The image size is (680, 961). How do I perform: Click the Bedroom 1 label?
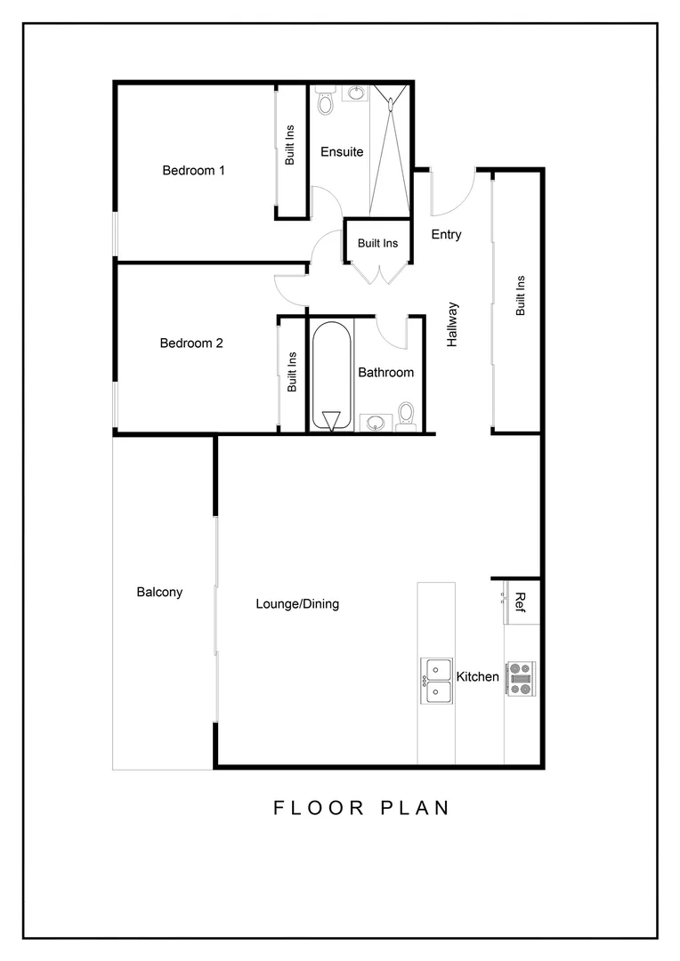click(193, 170)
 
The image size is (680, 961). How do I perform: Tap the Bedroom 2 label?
click(191, 343)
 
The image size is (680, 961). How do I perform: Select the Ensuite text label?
click(342, 151)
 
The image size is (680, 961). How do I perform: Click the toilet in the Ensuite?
click(325, 102)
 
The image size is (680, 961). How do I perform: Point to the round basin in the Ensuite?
click(356, 93)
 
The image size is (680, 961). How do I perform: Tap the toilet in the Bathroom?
click(406, 416)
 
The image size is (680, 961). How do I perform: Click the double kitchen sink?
click(436, 681)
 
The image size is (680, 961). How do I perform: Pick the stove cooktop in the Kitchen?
click(521, 678)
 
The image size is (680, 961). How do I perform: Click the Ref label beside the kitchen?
click(522, 602)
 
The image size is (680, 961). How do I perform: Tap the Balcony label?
click(159, 592)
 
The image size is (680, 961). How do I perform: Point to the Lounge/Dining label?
click(297, 603)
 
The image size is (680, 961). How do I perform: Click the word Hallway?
click(452, 324)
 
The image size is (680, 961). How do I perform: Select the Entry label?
click(446, 235)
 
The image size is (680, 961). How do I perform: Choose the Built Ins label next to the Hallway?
click(521, 296)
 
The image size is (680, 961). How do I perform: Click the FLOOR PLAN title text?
click(360, 808)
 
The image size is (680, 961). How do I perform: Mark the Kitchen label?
click(478, 677)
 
